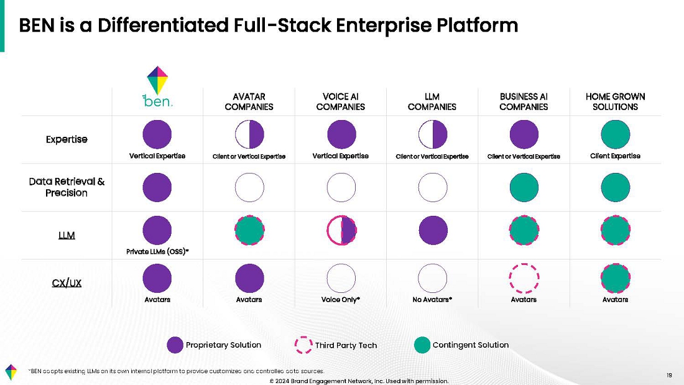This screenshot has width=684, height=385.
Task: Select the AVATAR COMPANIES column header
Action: pyautogui.click(x=249, y=101)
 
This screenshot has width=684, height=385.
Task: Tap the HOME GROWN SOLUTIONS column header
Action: pyautogui.click(x=615, y=101)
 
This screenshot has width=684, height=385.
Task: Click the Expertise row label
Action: pyautogui.click(x=67, y=139)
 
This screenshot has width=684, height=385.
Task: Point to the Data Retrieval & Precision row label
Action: pyautogui.click(x=67, y=187)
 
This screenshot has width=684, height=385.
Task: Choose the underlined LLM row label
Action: pyautogui.click(x=67, y=235)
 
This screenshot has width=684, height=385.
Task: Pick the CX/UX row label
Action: pyautogui.click(x=67, y=283)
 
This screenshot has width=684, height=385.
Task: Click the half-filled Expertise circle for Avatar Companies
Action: pyautogui.click(x=249, y=134)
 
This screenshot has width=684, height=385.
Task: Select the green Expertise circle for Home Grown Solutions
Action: pyautogui.click(x=616, y=134)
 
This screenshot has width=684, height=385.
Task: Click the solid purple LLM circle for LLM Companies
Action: pyautogui.click(x=433, y=231)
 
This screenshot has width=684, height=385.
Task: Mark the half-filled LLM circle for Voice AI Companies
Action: pyautogui.click(x=341, y=231)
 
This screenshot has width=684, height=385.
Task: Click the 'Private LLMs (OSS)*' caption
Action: pyautogui.click(x=157, y=252)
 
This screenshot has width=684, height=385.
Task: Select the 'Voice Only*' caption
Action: pyautogui.click(x=341, y=300)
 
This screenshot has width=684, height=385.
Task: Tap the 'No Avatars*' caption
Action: pyautogui.click(x=432, y=300)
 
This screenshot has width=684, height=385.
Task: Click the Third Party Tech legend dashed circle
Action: pyautogui.click(x=303, y=345)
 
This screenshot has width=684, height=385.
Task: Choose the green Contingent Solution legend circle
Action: pyautogui.click(x=422, y=345)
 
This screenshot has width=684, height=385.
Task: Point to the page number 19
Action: pyautogui.click(x=669, y=374)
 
